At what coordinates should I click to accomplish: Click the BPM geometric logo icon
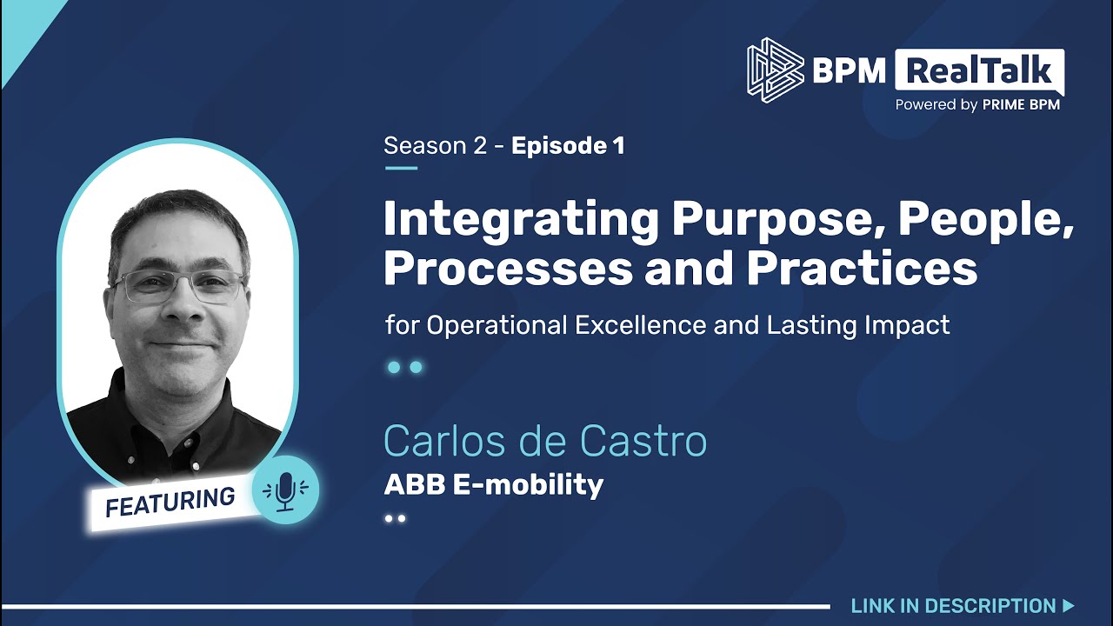pos(775,70)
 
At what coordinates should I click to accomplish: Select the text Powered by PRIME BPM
pos(977,105)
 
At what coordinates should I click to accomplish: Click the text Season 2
pos(435,146)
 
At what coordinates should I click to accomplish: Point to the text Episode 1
pos(568,146)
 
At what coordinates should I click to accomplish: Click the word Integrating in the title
pos(521,220)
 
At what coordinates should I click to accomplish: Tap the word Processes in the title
pos(507,269)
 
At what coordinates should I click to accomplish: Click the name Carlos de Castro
pos(545,442)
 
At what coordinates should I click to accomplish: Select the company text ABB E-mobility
pos(493,484)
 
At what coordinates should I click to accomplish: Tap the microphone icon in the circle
pos(285,490)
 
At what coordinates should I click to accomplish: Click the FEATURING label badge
pos(170,503)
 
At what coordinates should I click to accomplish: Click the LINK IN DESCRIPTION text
pos(953,606)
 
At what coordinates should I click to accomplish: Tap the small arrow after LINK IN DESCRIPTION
pos(1069,606)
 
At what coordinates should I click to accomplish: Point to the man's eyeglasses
pos(178,285)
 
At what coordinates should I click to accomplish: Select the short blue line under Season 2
pos(401,168)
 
